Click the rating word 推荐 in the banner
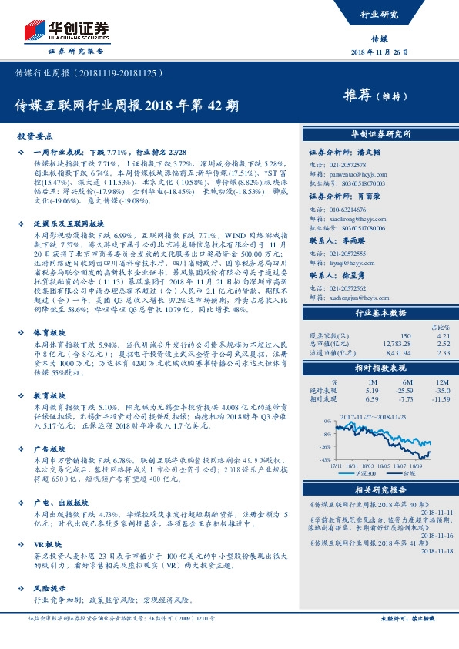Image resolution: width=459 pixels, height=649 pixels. click(x=357, y=96)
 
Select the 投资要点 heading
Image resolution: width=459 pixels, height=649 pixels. click(x=35, y=135)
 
